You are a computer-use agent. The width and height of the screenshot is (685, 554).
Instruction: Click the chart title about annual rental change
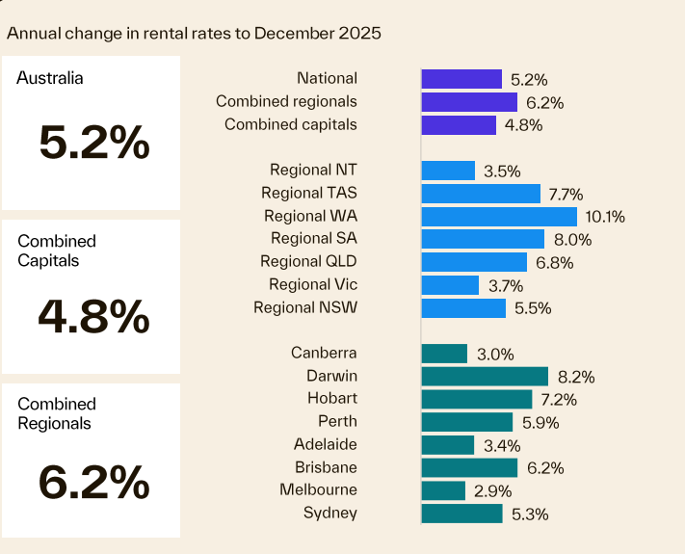pyautogui.click(x=194, y=33)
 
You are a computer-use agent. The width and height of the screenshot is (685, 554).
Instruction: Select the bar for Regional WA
pyautogui.click(x=498, y=217)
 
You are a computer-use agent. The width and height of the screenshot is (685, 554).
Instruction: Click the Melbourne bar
pyautogui.click(x=443, y=490)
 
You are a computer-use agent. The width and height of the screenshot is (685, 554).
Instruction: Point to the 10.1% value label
pyautogui.click(x=605, y=217)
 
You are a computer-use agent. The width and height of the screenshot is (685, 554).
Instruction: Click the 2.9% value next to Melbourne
pyautogui.click(x=492, y=491)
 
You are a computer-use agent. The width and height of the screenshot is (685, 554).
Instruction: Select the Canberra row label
pyautogui.click(x=324, y=354)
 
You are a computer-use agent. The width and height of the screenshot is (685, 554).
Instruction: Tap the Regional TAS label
pyautogui.click(x=308, y=194)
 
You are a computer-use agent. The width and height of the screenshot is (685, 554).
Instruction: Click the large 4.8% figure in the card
pyautogui.click(x=94, y=315)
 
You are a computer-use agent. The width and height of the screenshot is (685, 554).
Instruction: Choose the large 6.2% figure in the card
pyautogui.click(x=94, y=480)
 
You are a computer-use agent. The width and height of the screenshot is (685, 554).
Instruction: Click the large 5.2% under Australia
pyautogui.click(x=94, y=144)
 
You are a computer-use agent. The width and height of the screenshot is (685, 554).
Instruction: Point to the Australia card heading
pyautogui.click(x=50, y=78)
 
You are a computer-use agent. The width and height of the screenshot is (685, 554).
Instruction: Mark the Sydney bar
pyautogui.click(x=461, y=514)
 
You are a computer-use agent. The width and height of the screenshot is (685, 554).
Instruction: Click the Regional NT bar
pyautogui.click(x=448, y=171)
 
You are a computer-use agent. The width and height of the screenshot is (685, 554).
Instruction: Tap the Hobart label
pyautogui.click(x=331, y=398)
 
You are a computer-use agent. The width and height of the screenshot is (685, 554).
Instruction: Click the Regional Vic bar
pyautogui.click(x=450, y=285)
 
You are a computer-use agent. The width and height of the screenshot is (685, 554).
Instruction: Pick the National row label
pyautogui.click(x=327, y=78)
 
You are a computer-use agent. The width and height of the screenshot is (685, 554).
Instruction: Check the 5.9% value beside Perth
pyautogui.click(x=540, y=423)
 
